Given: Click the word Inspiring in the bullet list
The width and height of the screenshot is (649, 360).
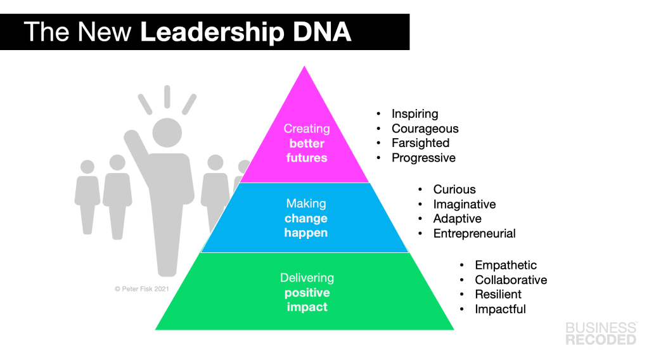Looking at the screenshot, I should (x=414, y=114).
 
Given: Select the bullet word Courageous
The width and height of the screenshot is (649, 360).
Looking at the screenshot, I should (x=425, y=129).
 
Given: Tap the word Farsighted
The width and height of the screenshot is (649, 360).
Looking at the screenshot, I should (x=420, y=143).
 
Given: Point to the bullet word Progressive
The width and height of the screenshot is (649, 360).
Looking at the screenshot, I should (x=423, y=158).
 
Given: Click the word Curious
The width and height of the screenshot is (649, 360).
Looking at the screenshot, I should (x=454, y=190).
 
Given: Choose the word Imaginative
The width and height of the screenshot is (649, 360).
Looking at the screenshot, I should (x=465, y=204).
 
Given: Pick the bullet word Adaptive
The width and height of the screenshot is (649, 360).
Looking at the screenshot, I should (x=457, y=219).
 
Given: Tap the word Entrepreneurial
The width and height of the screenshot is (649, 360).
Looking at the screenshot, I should (x=474, y=233).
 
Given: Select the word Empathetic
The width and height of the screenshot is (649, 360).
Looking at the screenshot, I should (x=506, y=266).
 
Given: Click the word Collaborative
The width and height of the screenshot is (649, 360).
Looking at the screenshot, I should (x=511, y=280).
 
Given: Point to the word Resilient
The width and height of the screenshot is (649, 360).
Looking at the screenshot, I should (x=498, y=295).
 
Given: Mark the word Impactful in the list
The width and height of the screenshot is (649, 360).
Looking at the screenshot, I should (x=500, y=309).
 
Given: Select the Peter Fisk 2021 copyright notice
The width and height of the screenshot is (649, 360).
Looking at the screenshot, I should (x=141, y=288).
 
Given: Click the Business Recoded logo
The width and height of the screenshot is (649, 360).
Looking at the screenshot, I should (x=601, y=333).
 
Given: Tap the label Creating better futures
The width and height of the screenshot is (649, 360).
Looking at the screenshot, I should (x=307, y=143).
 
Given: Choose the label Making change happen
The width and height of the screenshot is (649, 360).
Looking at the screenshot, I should (x=306, y=218).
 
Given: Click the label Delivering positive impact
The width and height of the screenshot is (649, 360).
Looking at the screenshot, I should (x=306, y=292).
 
